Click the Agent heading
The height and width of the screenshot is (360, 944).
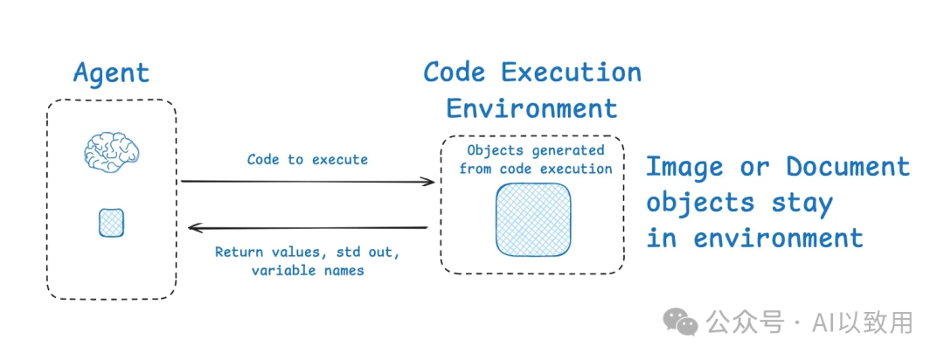[111, 73]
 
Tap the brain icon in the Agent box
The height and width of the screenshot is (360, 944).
[111, 152]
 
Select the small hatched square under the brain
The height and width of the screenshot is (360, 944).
[111, 223]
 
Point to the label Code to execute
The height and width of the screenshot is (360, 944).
[308, 159]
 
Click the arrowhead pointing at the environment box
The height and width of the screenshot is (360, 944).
[429, 182]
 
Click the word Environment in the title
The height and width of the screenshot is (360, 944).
[531, 108]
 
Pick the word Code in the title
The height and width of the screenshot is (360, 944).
[455, 72]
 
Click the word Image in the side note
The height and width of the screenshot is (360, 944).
[684, 166]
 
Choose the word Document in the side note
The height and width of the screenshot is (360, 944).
[848, 166]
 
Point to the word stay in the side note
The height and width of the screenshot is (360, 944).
[802, 202]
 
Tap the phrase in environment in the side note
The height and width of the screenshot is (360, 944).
[754, 237]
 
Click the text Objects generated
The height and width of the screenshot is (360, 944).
[535, 150]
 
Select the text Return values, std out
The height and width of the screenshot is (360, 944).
[307, 253]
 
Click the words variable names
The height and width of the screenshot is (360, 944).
[308, 271]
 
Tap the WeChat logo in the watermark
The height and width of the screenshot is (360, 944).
[681, 322]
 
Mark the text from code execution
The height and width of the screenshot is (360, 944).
[535, 168]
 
